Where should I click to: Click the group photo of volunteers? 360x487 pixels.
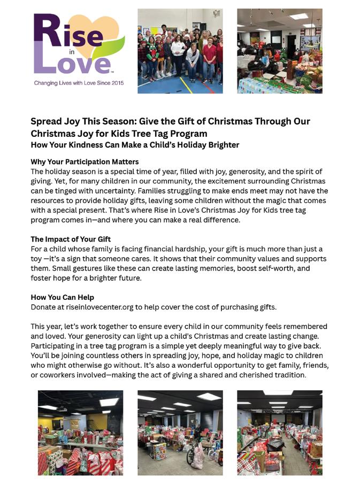pyautogui.click(x=180, y=51)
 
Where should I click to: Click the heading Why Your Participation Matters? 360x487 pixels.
pyautogui.click(x=85, y=161)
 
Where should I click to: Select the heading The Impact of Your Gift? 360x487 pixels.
pyautogui.click(x=71, y=239)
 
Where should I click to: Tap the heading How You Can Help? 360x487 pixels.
pyautogui.click(x=62, y=297)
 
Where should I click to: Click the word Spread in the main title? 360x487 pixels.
pyautogui.click(x=47, y=121)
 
